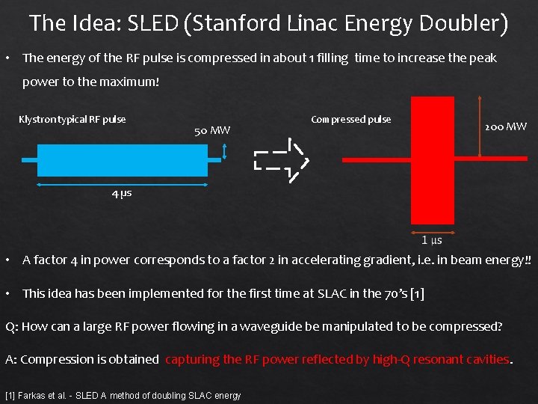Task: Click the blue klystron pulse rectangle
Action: [123, 159]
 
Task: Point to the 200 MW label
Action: [506, 126]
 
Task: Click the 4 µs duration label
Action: [122, 193]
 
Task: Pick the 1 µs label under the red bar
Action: [432, 240]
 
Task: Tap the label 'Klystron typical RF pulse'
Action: [72, 119]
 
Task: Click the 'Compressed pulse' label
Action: [350, 119]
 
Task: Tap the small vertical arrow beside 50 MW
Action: [225, 152]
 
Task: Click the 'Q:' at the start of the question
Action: [11, 326]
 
